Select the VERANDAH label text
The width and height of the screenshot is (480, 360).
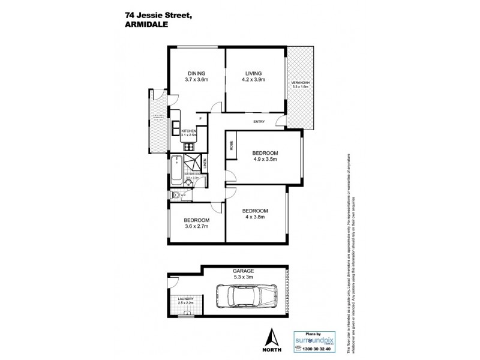click(300, 83)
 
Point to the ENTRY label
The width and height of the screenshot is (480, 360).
click(260, 123)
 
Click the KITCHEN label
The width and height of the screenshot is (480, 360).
click(190, 130)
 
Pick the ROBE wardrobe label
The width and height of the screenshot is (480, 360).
click(231, 146)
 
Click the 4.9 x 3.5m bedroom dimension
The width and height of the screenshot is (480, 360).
click(268, 160)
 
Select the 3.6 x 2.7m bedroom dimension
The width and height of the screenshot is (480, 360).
click(196, 227)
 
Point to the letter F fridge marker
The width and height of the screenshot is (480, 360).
click(200, 118)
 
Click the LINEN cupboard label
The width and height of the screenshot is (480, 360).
click(204, 162)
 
